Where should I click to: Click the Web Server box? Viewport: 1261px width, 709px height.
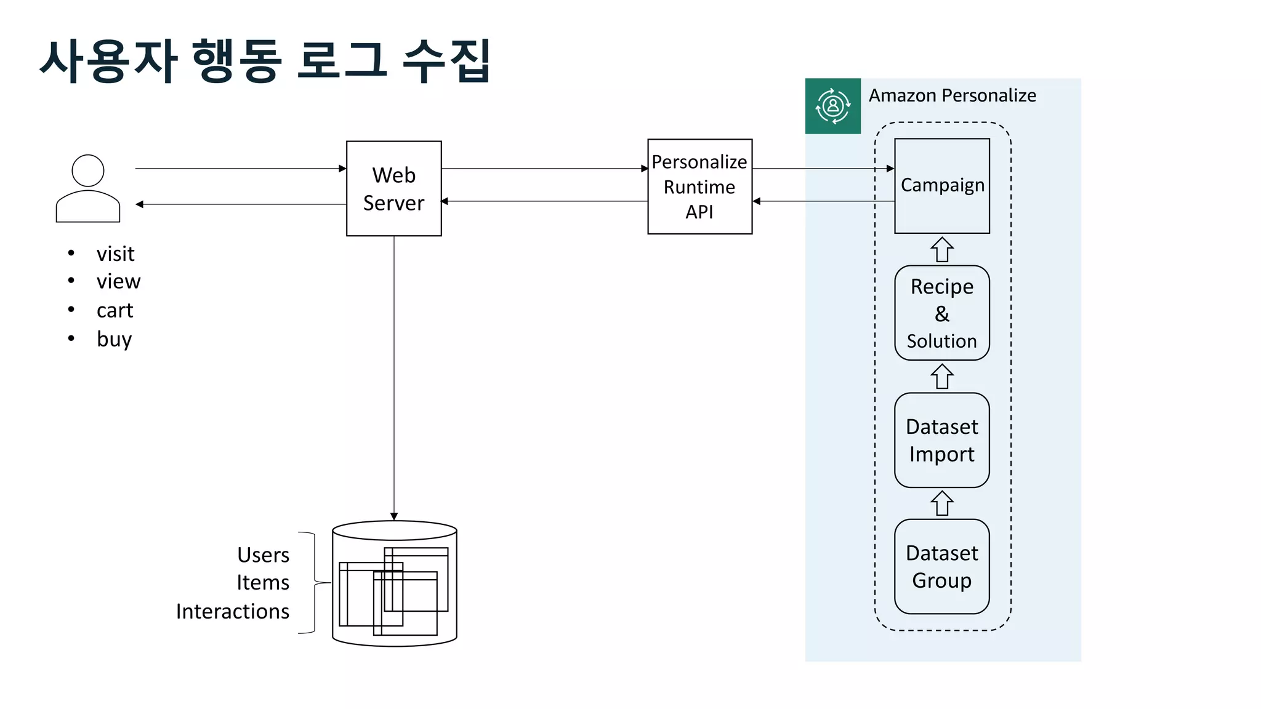click(x=393, y=188)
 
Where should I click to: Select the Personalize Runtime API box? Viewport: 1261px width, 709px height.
click(x=699, y=186)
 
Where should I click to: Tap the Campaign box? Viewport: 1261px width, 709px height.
click(x=941, y=185)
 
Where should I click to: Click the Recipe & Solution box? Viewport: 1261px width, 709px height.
click(x=941, y=313)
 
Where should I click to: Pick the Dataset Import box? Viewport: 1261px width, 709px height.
click(x=941, y=440)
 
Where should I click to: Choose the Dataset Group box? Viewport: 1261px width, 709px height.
click(x=941, y=566)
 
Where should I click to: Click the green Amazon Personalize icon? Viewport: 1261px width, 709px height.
click(x=832, y=106)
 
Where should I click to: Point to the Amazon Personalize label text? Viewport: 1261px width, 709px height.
click(x=952, y=95)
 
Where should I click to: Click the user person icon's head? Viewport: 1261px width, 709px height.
click(x=88, y=170)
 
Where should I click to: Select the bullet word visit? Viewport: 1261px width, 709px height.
click(x=115, y=254)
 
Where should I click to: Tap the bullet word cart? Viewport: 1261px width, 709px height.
click(x=115, y=310)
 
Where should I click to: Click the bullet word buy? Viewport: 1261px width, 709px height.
click(x=114, y=339)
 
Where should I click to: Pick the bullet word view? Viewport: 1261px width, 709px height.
click(x=118, y=281)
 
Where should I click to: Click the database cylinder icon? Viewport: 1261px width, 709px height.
click(x=394, y=583)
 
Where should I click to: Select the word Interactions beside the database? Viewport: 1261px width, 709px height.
click(x=232, y=611)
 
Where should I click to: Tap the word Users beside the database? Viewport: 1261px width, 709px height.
click(x=263, y=555)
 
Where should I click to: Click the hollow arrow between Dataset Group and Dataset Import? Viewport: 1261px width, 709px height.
click(x=941, y=503)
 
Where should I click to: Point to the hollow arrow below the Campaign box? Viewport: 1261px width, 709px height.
click(x=941, y=249)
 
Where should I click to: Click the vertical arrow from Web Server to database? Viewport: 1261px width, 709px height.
click(x=394, y=375)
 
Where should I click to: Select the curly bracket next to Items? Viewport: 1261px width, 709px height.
click(x=315, y=582)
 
